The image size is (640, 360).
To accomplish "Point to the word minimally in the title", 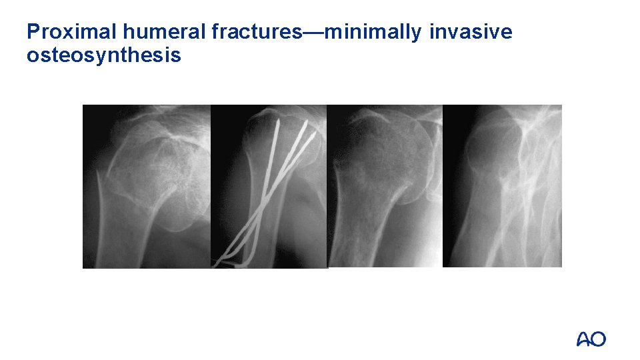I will [x=378, y=31].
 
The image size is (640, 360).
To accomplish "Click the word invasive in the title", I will [x=471, y=31].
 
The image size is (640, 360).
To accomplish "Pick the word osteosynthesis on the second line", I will [x=103, y=55].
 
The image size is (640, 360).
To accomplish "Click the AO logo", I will [x=591, y=339].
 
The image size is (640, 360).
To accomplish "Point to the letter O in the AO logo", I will [x=599, y=339].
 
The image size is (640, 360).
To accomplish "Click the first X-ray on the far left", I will [x=147, y=187].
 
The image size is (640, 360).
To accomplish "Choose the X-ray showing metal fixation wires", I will [x=269, y=187].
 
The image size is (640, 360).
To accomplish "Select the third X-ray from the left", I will [x=385, y=187].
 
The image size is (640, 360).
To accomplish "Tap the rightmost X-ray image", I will [x=502, y=187].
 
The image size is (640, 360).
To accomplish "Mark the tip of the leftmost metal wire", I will [x=277, y=123].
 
